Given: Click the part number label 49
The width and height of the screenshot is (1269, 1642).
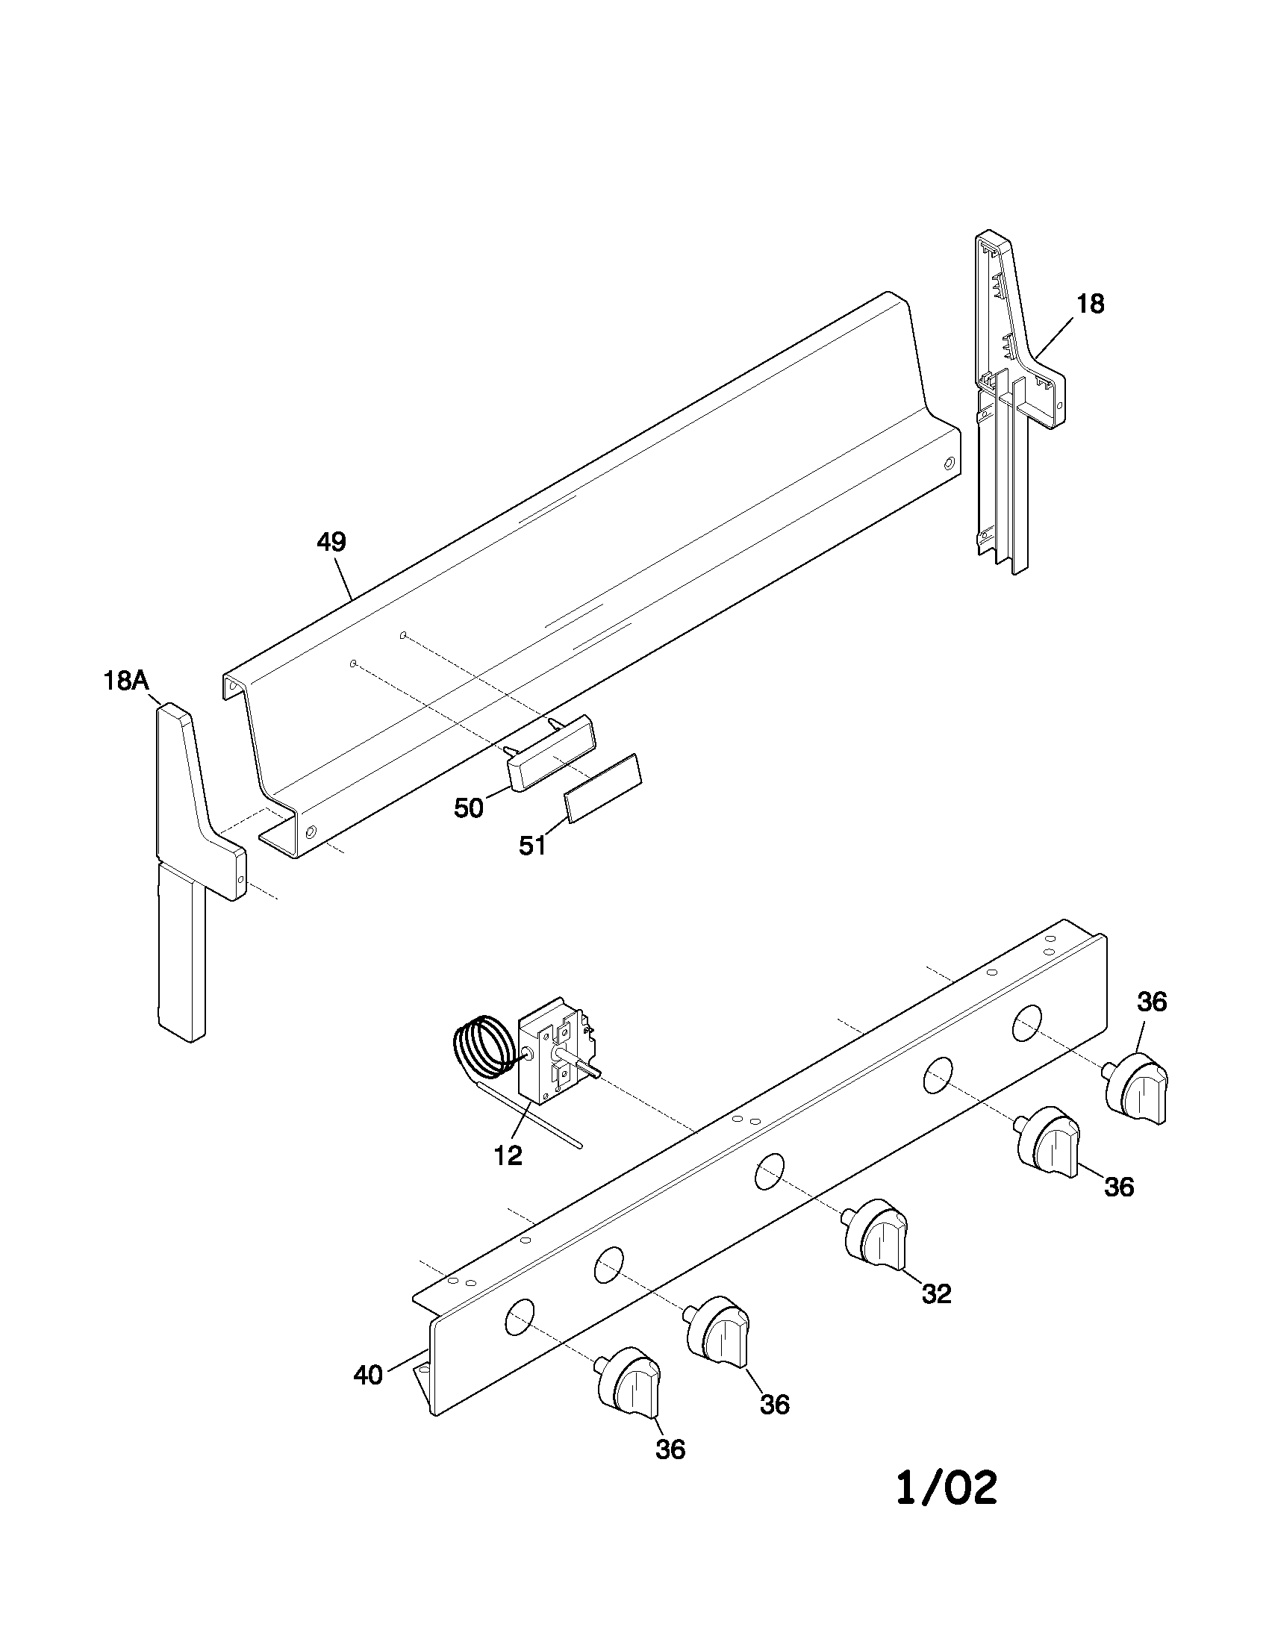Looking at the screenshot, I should pos(331,542).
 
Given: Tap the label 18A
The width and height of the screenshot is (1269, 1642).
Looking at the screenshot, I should pos(125,681).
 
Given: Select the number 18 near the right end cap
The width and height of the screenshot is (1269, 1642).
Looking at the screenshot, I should pos(1090,304).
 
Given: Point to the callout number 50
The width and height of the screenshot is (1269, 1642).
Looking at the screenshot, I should pos(468,809).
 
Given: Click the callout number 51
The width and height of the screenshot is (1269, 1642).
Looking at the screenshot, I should pos(532,846).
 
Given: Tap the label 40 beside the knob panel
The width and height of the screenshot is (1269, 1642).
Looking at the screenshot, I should pos(368,1375).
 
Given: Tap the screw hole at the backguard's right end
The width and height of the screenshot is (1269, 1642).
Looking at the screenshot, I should pos(949,463).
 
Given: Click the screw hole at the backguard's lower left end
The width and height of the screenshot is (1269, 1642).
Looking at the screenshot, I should pos(311,832).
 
